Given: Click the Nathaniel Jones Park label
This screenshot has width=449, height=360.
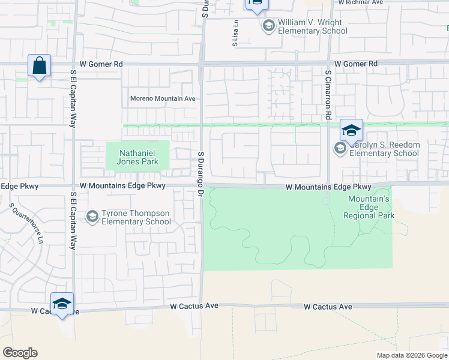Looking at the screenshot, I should [x=138, y=157].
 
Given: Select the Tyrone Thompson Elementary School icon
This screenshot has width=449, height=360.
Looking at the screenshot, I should [x=92, y=216].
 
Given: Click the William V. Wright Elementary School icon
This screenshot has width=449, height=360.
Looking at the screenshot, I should [x=268, y=26].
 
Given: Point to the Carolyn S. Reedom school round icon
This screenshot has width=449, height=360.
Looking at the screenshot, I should [x=340, y=148].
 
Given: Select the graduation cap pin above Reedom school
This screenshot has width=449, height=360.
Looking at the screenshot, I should [x=352, y=130].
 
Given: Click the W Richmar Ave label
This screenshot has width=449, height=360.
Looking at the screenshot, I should [x=360, y=2].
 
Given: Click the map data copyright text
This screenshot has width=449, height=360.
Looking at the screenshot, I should [x=411, y=355].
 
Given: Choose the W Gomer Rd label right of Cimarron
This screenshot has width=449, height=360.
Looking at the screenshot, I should [x=356, y=64].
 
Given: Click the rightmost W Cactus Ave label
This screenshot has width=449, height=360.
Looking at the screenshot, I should [x=328, y=307].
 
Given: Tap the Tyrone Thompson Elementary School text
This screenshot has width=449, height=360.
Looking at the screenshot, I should [x=137, y=217].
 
